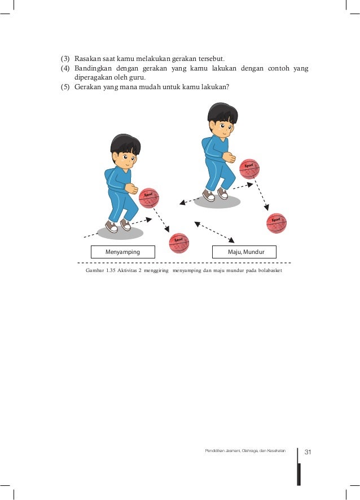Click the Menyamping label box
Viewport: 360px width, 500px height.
coord(123,252)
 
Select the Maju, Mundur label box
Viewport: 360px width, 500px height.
coord(244,252)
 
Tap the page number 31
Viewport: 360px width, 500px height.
coord(308,452)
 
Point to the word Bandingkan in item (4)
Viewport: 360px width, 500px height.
coord(93,68)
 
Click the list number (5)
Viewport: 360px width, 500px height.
coord(65,87)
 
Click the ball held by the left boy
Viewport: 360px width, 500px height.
coord(148,198)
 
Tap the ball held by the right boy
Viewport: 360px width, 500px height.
coord(249,169)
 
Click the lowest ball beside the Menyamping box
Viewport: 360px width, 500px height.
coord(179,243)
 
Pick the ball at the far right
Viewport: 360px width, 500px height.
coord(276,223)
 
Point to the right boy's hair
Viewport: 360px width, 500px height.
coord(222,113)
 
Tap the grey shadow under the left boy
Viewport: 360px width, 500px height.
coord(120,233)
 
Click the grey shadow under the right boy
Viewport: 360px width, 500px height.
coord(217,201)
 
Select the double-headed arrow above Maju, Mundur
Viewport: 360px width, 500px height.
coord(214,232)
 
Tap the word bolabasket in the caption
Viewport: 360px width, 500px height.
coord(270,270)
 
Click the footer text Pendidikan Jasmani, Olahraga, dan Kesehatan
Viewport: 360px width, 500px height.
coord(245,451)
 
